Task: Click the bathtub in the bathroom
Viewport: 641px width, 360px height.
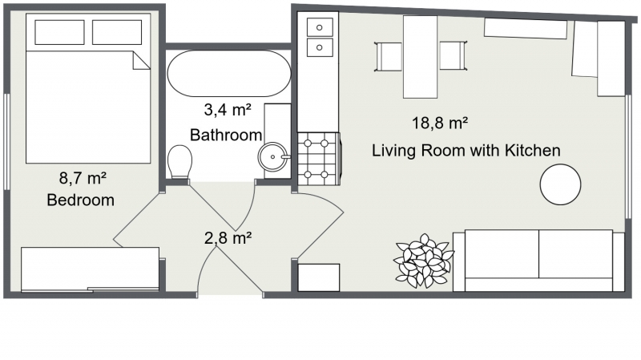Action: pyautogui.click(x=229, y=73)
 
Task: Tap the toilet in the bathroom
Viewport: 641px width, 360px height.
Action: pyautogui.click(x=179, y=162)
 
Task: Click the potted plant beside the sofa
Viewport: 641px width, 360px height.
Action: pyautogui.click(x=423, y=261)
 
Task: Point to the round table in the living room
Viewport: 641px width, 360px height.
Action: pyautogui.click(x=560, y=184)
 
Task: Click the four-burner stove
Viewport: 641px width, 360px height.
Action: pyautogui.click(x=318, y=159)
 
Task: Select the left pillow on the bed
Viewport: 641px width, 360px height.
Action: pyautogui.click(x=59, y=32)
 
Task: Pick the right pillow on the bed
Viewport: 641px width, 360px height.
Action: pyautogui.click(x=117, y=32)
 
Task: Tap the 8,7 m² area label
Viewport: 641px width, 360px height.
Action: pyautogui.click(x=83, y=178)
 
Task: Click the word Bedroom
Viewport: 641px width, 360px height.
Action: pyautogui.click(x=81, y=200)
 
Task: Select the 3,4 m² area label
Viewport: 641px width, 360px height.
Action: pyautogui.click(x=228, y=110)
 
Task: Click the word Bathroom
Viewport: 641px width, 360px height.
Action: pyautogui.click(x=226, y=135)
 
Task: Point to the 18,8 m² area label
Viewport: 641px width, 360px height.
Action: pyautogui.click(x=440, y=123)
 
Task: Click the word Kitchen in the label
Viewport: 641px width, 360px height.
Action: pyautogui.click(x=533, y=151)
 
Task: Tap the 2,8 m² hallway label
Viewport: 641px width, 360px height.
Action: pyautogui.click(x=228, y=237)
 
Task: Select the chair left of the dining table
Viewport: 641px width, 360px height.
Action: pyautogui.click(x=389, y=56)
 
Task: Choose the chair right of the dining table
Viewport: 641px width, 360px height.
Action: pyautogui.click(x=454, y=55)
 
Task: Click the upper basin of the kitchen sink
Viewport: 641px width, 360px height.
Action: pyautogui.click(x=320, y=27)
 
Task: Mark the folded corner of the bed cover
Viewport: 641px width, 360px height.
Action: pyautogui.click(x=142, y=60)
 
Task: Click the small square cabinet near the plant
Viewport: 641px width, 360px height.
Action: pyautogui.click(x=319, y=277)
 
